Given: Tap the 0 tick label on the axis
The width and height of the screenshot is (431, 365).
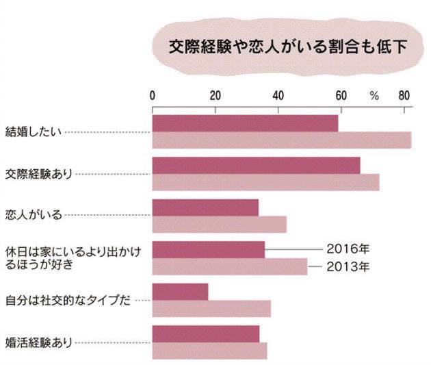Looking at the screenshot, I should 153,95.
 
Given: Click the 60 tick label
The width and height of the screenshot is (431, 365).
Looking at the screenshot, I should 341,95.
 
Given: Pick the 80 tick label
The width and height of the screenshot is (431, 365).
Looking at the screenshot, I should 404,95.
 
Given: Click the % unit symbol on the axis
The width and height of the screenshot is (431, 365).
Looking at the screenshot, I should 374,96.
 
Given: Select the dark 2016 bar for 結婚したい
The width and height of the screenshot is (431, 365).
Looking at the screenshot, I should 245,123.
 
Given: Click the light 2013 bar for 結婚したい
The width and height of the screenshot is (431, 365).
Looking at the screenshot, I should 281,140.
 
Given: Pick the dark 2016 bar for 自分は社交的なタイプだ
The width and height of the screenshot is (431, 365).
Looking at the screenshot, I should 180,292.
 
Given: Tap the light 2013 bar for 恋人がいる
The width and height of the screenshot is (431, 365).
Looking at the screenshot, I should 219,225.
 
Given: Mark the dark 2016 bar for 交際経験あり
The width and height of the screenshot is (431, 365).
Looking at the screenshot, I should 256,166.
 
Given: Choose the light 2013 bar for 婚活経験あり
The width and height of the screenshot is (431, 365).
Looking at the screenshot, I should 209,351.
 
